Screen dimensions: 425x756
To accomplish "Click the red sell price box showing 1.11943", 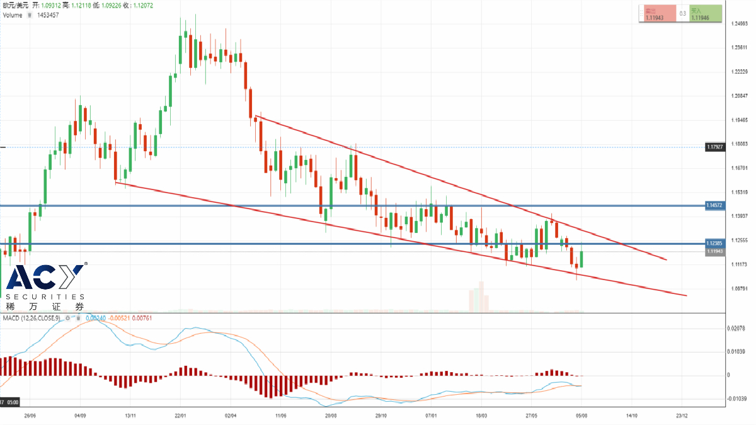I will coord(657,14).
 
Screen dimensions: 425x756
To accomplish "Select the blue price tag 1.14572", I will coord(714,205).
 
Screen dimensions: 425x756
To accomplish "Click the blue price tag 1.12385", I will coord(714,243).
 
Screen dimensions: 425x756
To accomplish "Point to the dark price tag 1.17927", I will coord(714,147).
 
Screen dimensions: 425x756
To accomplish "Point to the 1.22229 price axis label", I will coord(739,72).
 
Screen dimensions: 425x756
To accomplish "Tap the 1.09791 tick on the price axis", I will coord(739,289).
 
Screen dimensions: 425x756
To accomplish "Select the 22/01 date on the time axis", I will coord(181,416).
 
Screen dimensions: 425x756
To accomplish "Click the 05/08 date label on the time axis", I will coord(581,416).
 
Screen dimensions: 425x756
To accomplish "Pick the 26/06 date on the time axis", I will coord(30,416).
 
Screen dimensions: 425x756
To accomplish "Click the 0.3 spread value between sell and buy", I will coord(682,14).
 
